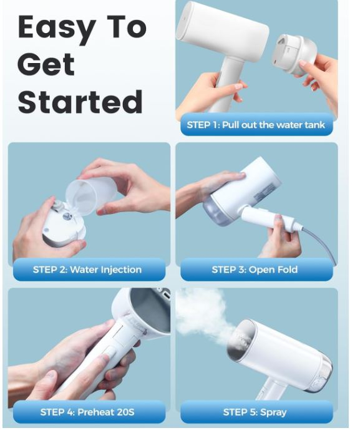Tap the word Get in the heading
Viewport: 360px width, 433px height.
[46, 64]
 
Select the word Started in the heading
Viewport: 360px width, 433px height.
[80, 101]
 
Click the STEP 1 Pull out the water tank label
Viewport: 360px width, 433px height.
[256, 125]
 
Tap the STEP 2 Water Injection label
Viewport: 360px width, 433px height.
[87, 270]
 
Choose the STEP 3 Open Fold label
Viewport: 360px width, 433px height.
[255, 270]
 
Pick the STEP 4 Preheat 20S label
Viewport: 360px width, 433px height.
[87, 412]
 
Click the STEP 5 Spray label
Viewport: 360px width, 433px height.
[255, 412]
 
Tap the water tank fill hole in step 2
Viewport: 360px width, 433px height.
[67, 216]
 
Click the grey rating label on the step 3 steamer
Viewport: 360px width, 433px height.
[265, 192]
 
